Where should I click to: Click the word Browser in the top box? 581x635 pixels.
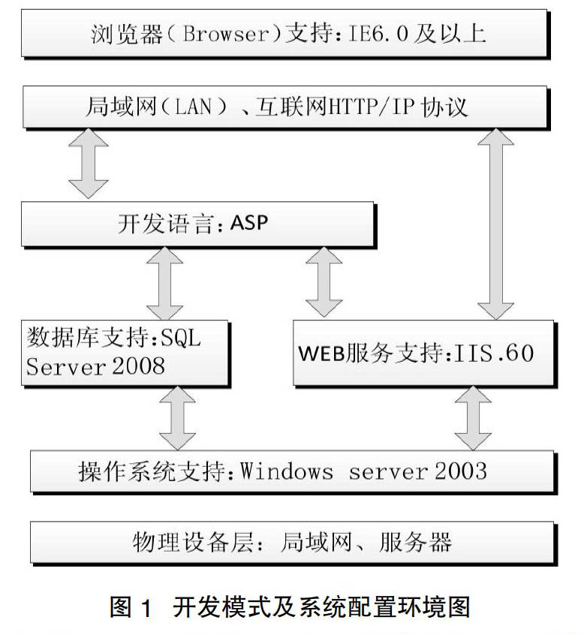pyautogui.click(x=226, y=34)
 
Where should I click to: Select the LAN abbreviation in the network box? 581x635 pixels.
pyautogui.click(x=193, y=107)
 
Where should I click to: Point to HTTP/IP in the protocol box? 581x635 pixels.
pyautogui.click(x=372, y=107)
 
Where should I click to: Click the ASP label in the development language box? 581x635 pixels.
pyautogui.click(x=249, y=223)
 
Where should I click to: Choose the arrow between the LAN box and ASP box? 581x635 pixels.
pyautogui.click(x=89, y=164)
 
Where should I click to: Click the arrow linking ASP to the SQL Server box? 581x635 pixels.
pyautogui.click(x=165, y=284)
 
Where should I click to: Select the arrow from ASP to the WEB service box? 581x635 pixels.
pyautogui.click(x=324, y=282)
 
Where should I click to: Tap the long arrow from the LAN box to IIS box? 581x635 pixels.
pyautogui.click(x=496, y=224)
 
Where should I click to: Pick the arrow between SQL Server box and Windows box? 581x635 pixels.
pyautogui.click(x=177, y=418)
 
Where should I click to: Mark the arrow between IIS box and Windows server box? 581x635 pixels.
pyautogui.click(x=473, y=418)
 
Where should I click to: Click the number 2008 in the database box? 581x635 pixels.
pyautogui.click(x=138, y=366)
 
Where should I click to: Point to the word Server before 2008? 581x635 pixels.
pyautogui.click(x=66, y=366)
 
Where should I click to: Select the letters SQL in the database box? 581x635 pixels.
pyautogui.click(x=181, y=337)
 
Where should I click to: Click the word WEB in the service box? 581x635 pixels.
pyautogui.click(x=321, y=353)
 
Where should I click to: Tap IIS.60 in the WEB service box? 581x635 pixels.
pyautogui.click(x=493, y=353)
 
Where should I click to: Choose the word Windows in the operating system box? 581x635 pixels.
pyautogui.click(x=287, y=471)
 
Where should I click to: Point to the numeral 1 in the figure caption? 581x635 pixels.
pyautogui.click(x=146, y=608)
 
